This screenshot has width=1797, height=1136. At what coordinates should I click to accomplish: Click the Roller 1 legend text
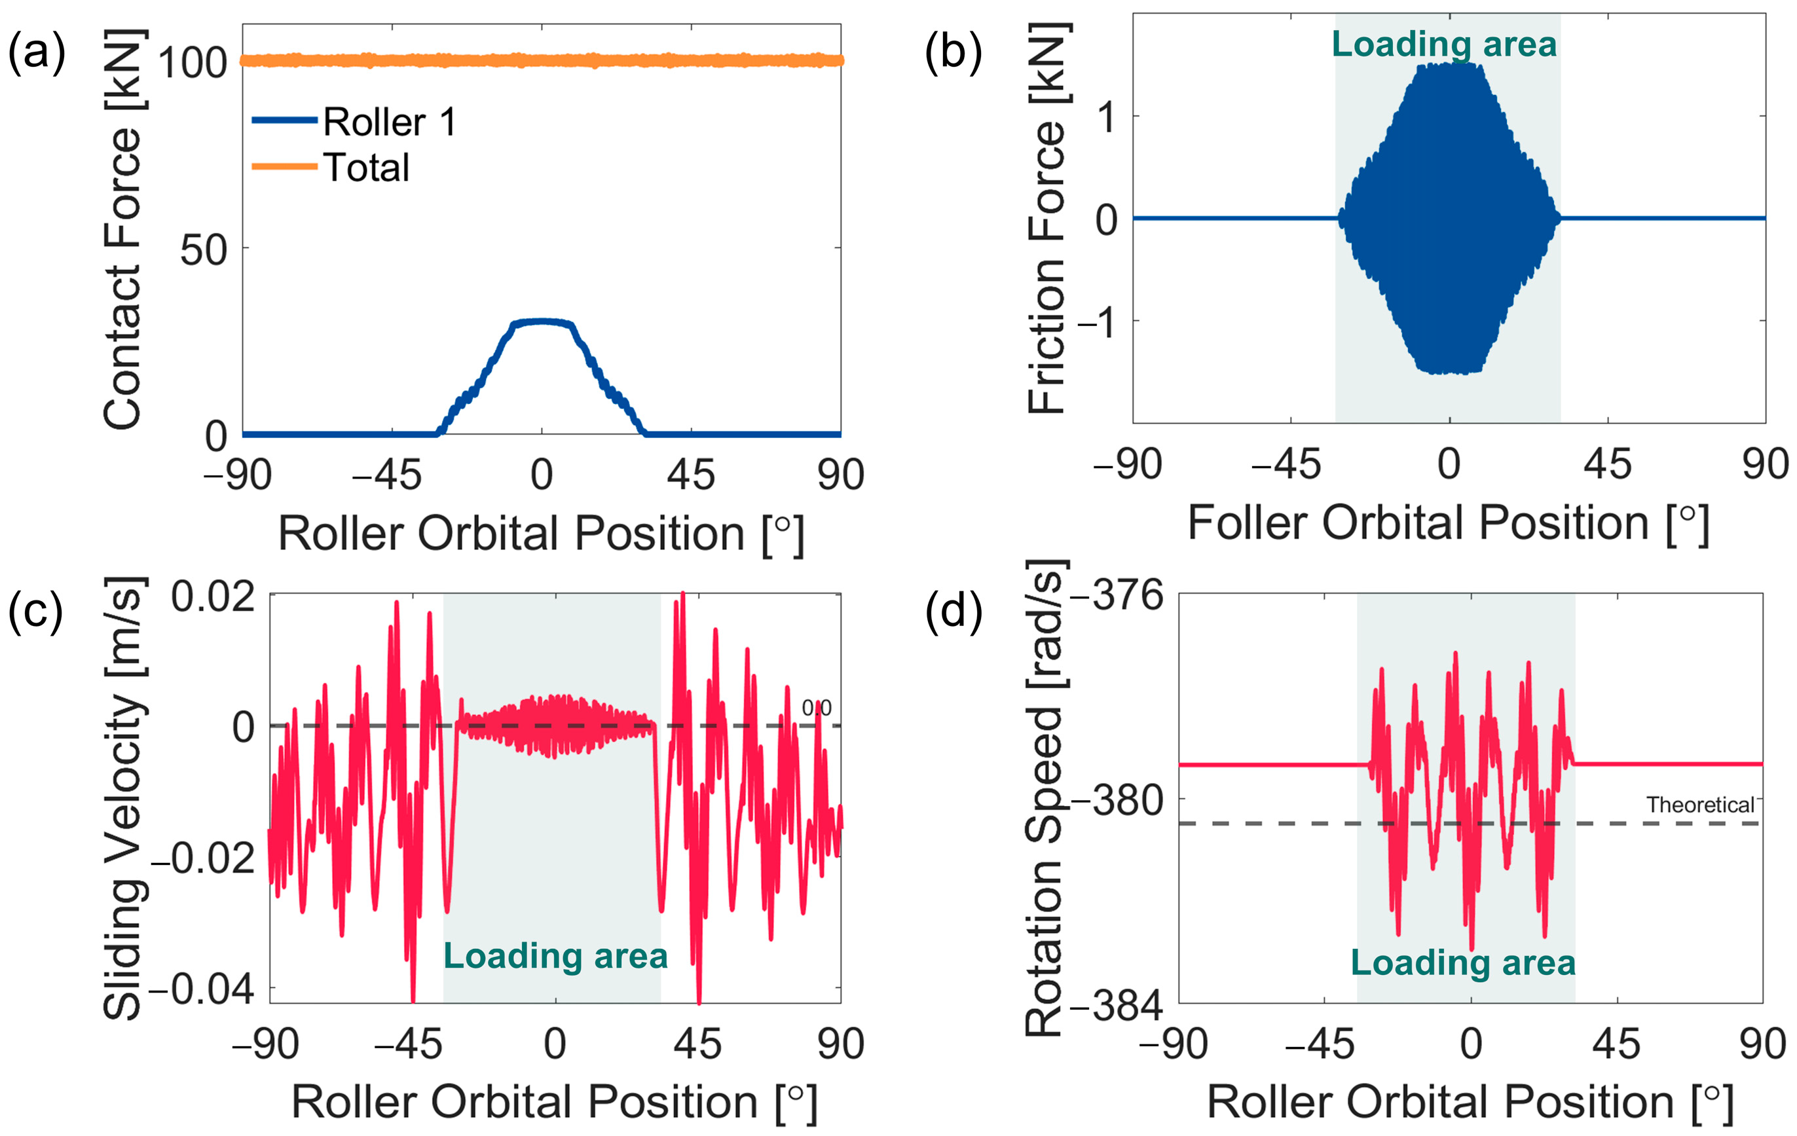point(389,122)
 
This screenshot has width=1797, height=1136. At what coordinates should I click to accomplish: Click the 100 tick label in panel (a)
point(193,63)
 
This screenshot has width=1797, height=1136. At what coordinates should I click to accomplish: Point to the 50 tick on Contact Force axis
point(203,250)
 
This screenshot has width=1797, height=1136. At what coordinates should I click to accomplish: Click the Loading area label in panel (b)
point(1444,44)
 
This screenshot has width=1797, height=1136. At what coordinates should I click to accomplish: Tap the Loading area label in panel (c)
point(555,956)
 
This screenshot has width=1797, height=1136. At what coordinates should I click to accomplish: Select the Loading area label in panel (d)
point(1462,962)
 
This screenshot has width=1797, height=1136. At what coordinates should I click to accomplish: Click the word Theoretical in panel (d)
point(1700,805)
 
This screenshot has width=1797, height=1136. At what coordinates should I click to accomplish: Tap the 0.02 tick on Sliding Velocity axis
point(213,596)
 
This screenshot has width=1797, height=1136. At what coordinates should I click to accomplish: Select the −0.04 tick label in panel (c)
point(202,990)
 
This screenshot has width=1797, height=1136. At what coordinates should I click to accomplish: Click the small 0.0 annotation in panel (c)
point(817,707)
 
